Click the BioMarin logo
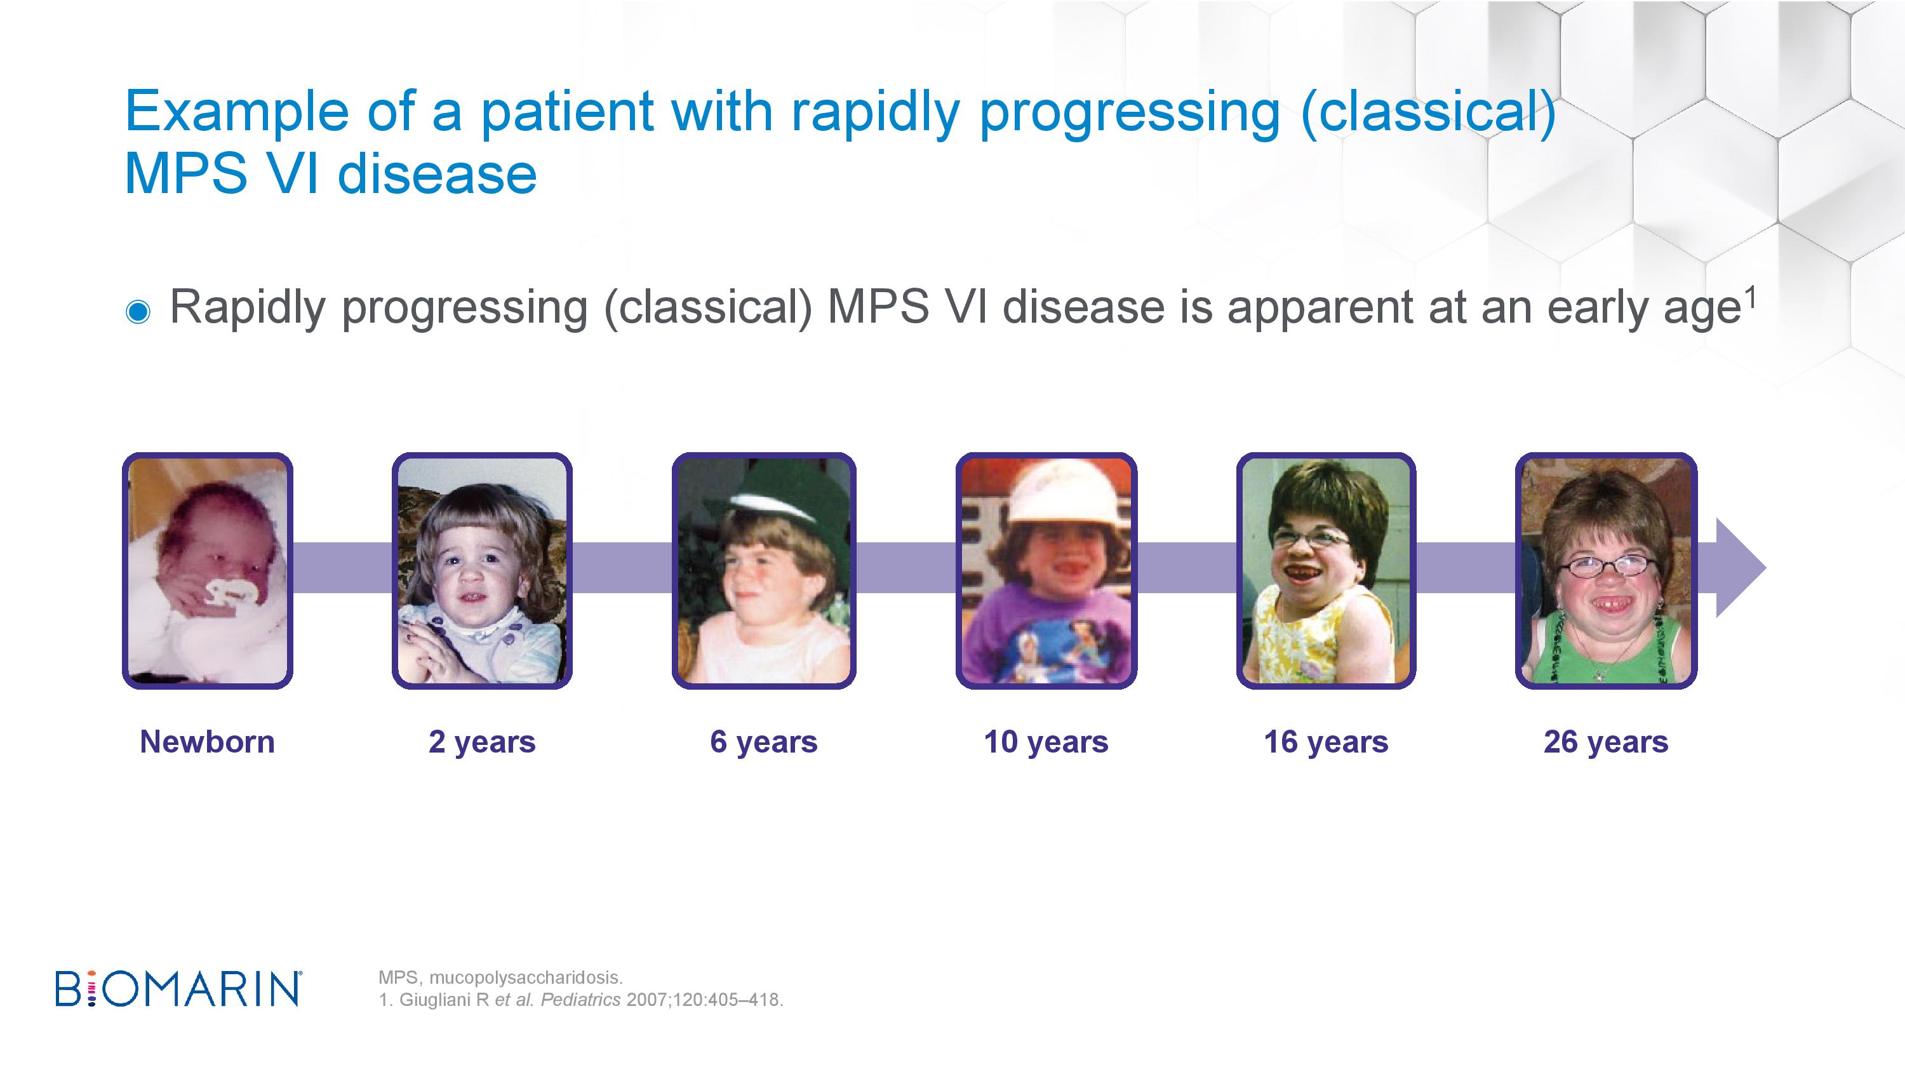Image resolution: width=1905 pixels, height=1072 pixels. pyautogui.click(x=178, y=989)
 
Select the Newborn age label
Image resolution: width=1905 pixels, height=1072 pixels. pyautogui.click(x=207, y=742)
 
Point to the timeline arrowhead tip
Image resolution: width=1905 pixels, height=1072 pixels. pyautogui.click(x=1766, y=568)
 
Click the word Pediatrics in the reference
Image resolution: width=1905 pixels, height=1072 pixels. pyautogui.click(x=580, y=1000)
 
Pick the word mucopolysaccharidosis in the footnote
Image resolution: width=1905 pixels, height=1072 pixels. pyautogui.click(x=526, y=978)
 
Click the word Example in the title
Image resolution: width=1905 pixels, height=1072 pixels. pyautogui.click(x=237, y=113)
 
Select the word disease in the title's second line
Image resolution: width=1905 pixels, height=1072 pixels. pyautogui.click(x=437, y=175)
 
